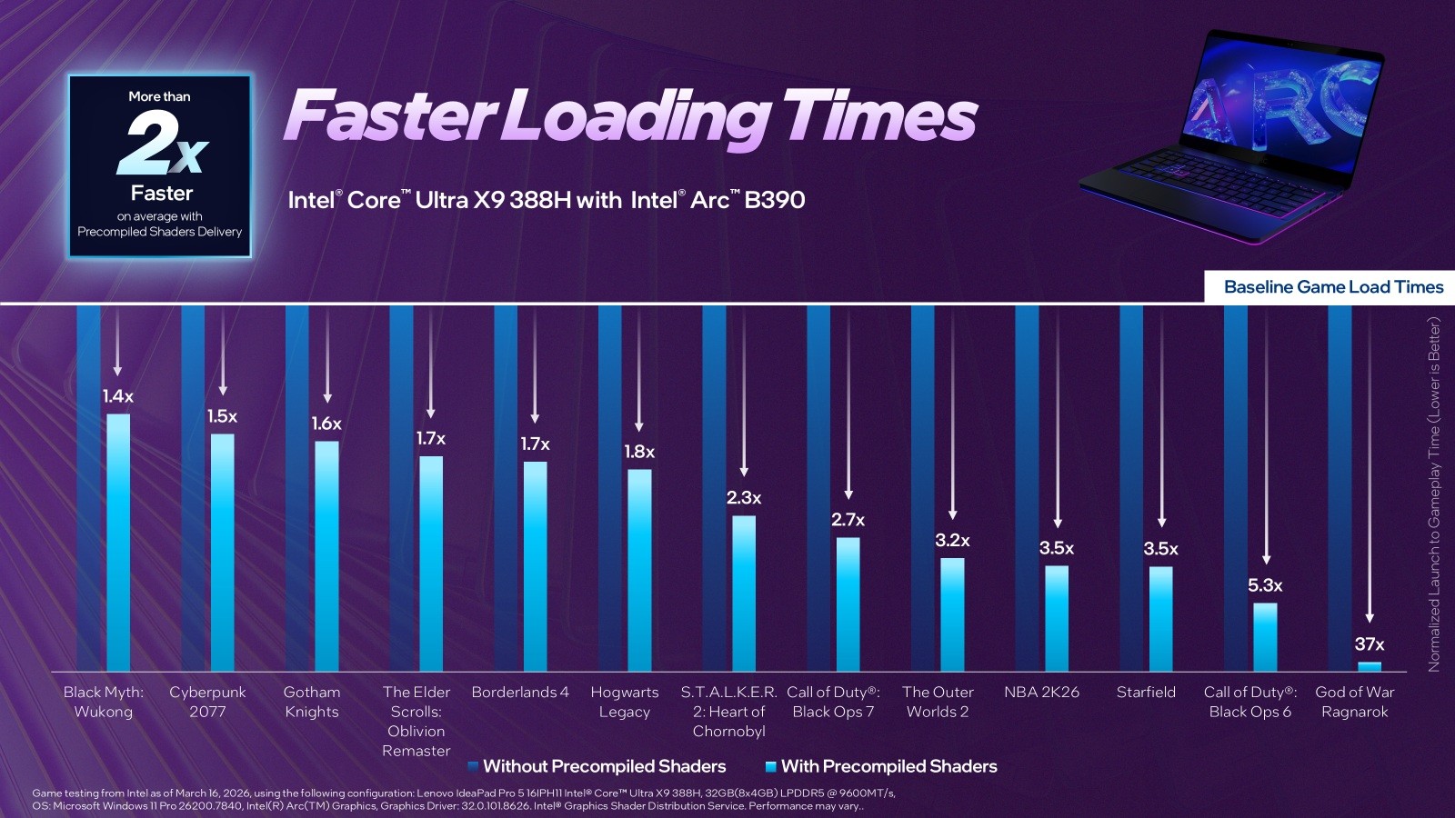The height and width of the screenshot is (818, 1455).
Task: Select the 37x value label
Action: [x=1369, y=644]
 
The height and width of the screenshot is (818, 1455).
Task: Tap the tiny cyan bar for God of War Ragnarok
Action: [x=1369, y=666]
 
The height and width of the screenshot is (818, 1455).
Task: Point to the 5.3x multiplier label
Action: [x=1265, y=585]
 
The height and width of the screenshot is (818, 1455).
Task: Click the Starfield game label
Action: [x=1146, y=693]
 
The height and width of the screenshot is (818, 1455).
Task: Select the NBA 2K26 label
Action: [x=1041, y=693]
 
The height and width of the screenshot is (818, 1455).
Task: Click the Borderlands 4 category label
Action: [x=520, y=693]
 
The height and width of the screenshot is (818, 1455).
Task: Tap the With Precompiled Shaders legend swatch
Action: [x=771, y=767]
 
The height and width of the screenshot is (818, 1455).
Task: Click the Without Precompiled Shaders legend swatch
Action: [x=473, y=767]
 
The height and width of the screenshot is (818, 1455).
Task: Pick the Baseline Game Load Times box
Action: [x=1332, y=287]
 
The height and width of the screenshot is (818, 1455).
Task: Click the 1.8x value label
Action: [x=639, y=452]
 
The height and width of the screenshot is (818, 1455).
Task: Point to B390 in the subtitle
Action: [x=774, y=200]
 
